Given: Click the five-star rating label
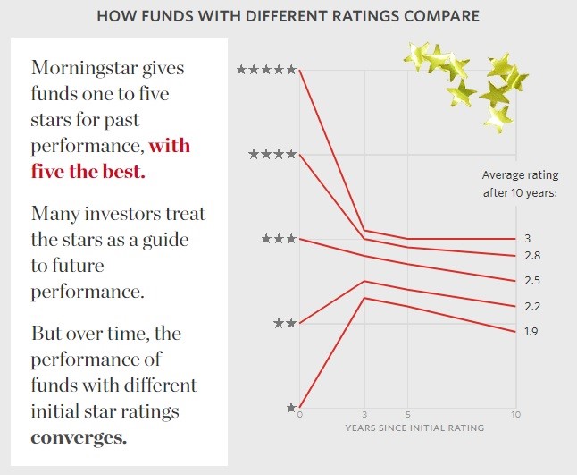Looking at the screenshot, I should pyautogui.click(x=266, y=69).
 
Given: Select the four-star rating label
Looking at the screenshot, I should pyautogui.click(x=272, y=154).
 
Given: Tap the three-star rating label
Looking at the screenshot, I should pyautogui.click(x=278, y=239).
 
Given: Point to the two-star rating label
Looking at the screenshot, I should pyautogui.click(x=284, y=323).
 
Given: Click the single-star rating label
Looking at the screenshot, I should pyautogui.click(x=290, y=407).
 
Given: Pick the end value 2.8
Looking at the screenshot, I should pyautogui.click(x=532, y=256).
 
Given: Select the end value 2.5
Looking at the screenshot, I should pyautogui.click(x=532, y=281).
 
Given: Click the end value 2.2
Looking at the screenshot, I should pyautogui.click(x=532, y=307).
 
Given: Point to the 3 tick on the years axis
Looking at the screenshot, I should pyautogui.click(x=364, y=415).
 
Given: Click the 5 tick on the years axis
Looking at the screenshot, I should pyautogui.click(x=407, y=415).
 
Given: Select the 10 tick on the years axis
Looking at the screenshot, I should pyautogui.click(x=515, y=415).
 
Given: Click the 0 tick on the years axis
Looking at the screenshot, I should pyautogui.click(x=300, y=415).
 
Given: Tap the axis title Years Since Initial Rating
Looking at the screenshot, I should pyautogui.click(x=414, y=428).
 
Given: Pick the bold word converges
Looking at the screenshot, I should pyautogui.click(x=78, y=438).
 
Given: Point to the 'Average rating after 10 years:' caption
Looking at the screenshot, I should pyautogui.click(x=519, y=182).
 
